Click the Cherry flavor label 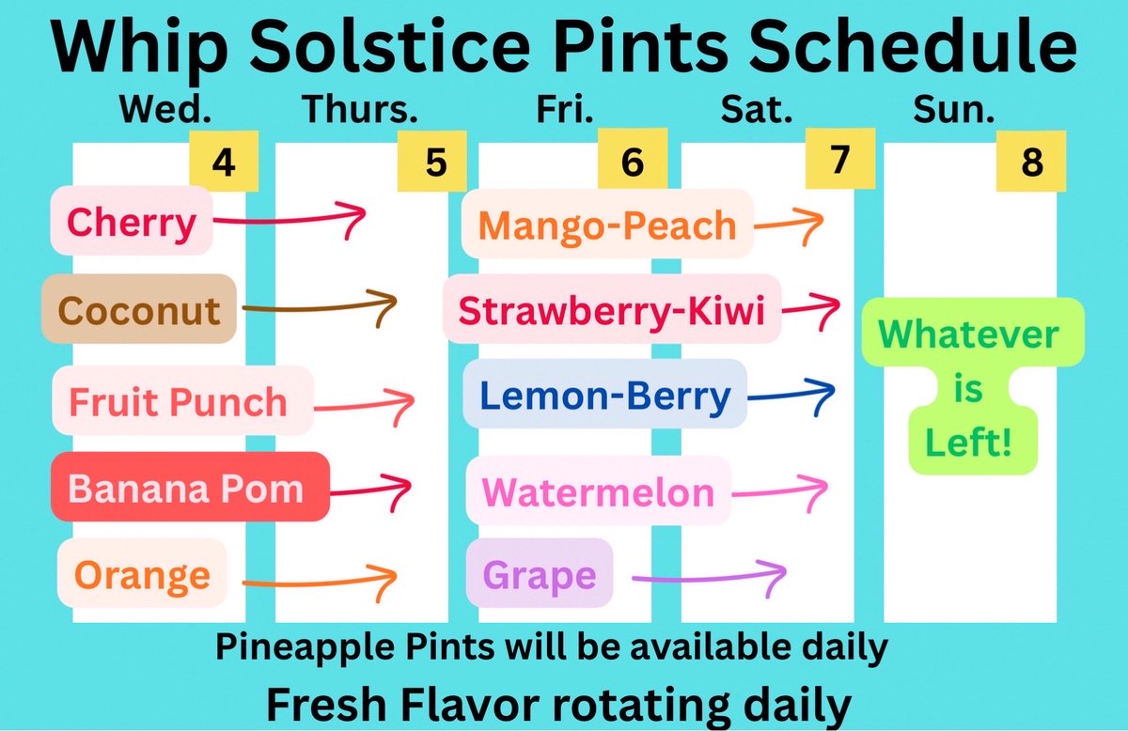coord(132,222)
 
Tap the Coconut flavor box coord(139,309)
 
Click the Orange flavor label coord(142,573)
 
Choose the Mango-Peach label coord(607,225)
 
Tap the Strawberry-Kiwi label coord(611,309)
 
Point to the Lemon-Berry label coord(604,395)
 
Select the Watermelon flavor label coord(599,490)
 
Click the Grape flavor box coord(540,573)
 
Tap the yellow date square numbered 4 coord(223,162)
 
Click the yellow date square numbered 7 coord(839,160)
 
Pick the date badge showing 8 coord(1032,162)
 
